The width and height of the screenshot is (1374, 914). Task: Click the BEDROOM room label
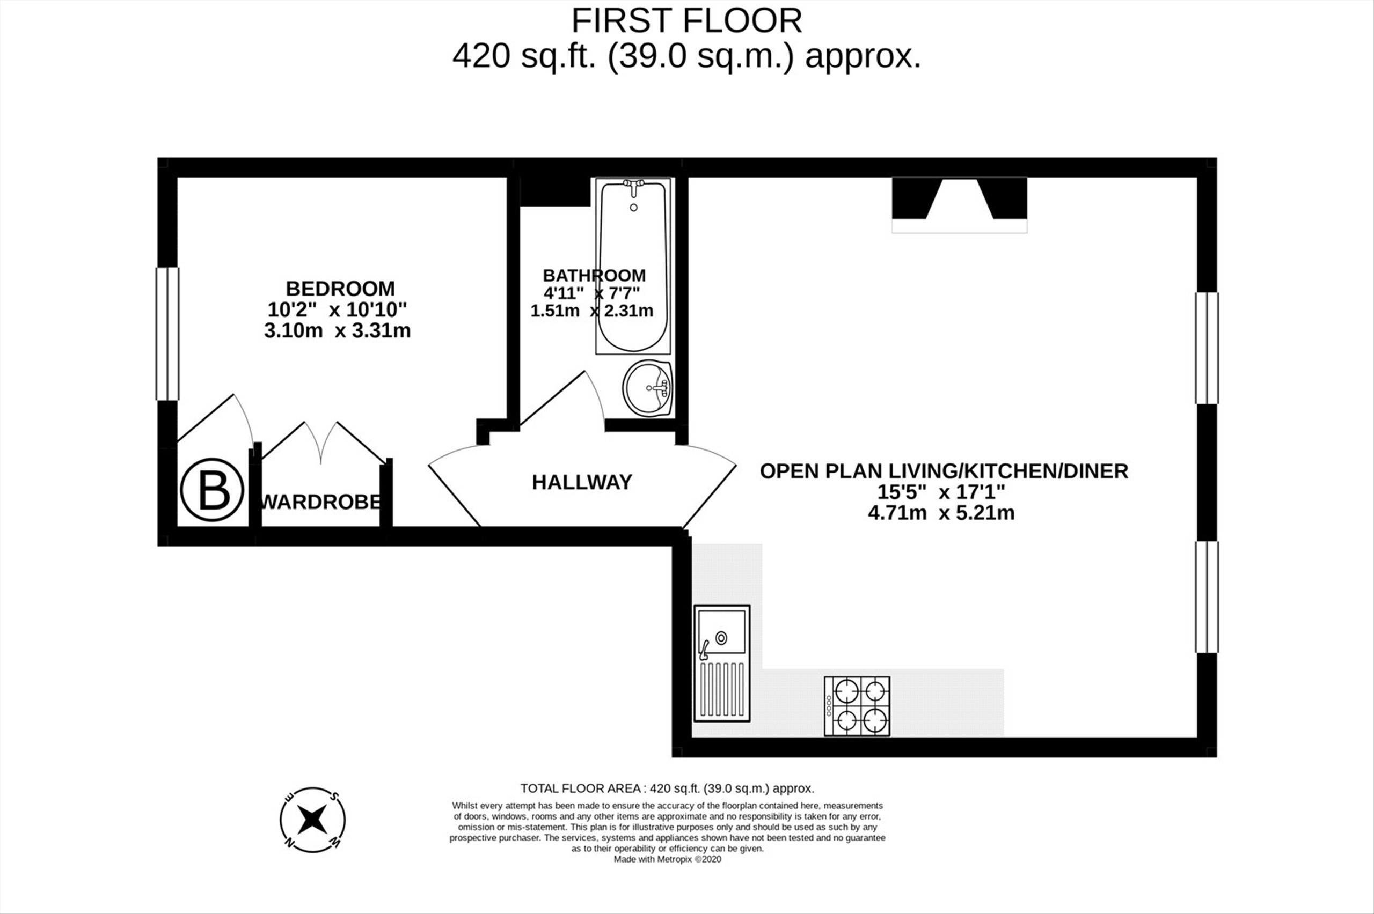(340, 289)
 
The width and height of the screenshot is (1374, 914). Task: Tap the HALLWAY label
(582, 482)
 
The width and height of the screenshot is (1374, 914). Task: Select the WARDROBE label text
(321, 502)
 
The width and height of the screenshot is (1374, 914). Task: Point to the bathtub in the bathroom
(633, 266)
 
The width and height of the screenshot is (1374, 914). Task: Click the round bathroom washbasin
(647, 388)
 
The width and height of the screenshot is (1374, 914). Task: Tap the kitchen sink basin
(722, 632)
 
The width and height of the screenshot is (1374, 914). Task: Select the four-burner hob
(857, 706)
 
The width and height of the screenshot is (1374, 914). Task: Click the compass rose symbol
(312, 820)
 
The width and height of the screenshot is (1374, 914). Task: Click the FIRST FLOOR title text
(687, 21)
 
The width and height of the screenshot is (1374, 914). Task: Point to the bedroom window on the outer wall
(167, 334)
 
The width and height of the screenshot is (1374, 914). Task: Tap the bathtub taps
(633, 187)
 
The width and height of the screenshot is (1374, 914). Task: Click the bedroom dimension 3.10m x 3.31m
(337, 331)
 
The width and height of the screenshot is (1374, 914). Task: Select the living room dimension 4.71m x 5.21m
(941, 513)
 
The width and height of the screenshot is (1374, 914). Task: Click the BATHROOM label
(594, 275)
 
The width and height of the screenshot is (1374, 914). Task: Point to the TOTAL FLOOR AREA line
(667, 788)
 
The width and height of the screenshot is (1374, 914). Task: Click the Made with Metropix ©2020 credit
(668, 859)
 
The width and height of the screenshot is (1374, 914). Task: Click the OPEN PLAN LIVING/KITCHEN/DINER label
(944, 471)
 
